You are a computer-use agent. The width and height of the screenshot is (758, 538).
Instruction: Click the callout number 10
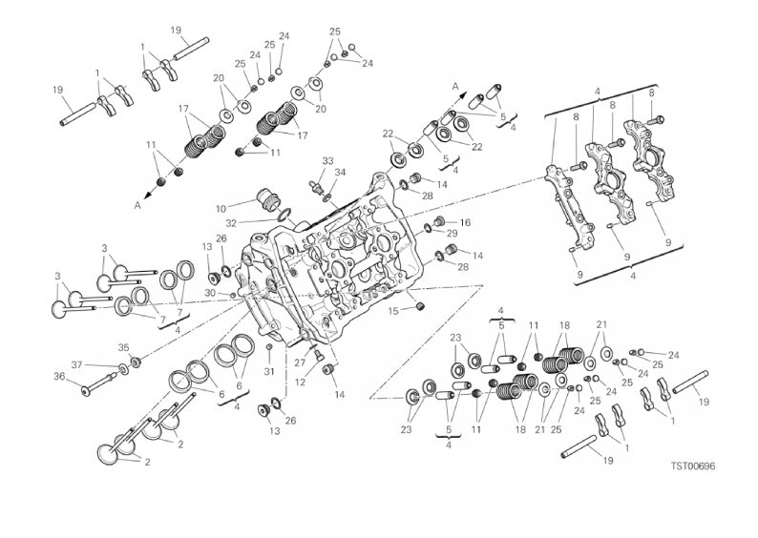click(220, 207)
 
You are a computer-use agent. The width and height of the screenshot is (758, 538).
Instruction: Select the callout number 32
click(233, 222)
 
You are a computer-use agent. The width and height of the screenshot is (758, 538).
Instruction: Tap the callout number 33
click(327, 160)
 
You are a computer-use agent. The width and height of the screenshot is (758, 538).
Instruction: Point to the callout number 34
click(341, 173)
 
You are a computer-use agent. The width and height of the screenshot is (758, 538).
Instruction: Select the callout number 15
click(393, 310)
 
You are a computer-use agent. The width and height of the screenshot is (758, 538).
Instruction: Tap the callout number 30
click(210, 293)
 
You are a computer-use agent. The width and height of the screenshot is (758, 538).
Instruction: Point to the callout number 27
click(299, 362)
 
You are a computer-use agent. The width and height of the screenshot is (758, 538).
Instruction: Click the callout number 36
click(59, 376)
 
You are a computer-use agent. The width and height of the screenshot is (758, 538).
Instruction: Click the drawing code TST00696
click(692, 466)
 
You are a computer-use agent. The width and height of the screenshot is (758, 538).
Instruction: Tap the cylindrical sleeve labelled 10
click(268, 201)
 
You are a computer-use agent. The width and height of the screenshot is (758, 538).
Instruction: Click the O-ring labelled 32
click(284, 216)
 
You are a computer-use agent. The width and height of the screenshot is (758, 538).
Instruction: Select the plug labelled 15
click(416, 305)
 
